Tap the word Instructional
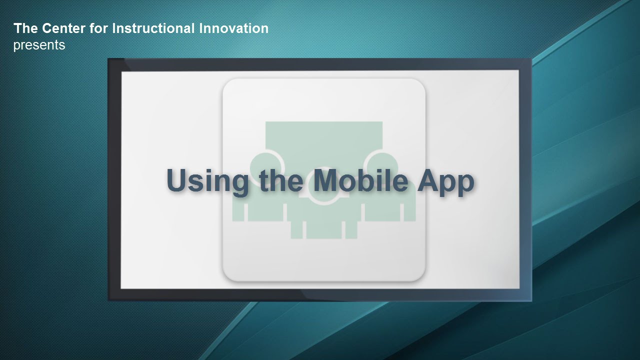pos(153,28)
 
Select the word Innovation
pos(233,28)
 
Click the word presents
pos(39,45)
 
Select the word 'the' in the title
pos(281,180)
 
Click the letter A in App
pos(428,180)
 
